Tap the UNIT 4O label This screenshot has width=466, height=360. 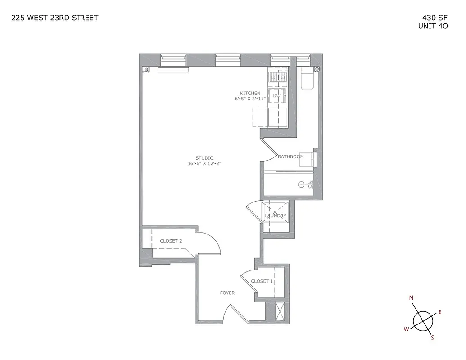point(433,26)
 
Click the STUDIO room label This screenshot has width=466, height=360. point(204,158)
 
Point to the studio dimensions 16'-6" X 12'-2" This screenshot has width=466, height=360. point(204,164)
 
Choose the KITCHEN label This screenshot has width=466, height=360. point(250,93)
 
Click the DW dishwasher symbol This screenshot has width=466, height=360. point(277,96)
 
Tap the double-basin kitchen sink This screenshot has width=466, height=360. point(277,78)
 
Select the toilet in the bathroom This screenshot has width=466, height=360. point(308,81)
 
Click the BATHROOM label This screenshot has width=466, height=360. point(290,157)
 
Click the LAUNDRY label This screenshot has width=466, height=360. point(276,216)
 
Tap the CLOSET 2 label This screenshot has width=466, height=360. point(171,241)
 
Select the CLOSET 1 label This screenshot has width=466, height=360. point(262,281)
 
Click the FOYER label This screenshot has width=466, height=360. point(227,293)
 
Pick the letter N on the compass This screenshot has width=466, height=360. point(411,298)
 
